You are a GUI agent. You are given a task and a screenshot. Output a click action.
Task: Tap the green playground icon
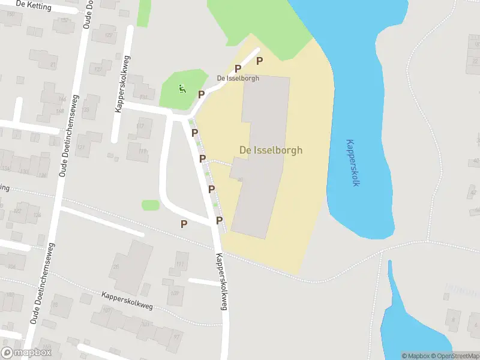182,89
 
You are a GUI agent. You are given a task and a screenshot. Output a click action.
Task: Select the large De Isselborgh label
271,150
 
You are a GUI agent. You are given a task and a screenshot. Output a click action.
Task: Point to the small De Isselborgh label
238,79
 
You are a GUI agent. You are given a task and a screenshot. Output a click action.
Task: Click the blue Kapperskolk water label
352,163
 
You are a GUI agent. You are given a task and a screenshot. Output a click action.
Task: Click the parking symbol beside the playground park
202,94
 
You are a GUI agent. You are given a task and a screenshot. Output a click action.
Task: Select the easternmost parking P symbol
260,61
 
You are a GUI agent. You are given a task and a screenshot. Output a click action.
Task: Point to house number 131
143,97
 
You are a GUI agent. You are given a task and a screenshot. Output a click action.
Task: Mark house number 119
143,151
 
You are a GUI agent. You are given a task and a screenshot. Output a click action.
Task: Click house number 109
174,293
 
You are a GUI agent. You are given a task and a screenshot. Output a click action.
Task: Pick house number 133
24,172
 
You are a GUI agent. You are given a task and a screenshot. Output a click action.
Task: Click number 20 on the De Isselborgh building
240,179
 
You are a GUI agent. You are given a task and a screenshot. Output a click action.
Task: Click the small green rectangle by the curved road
151,205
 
